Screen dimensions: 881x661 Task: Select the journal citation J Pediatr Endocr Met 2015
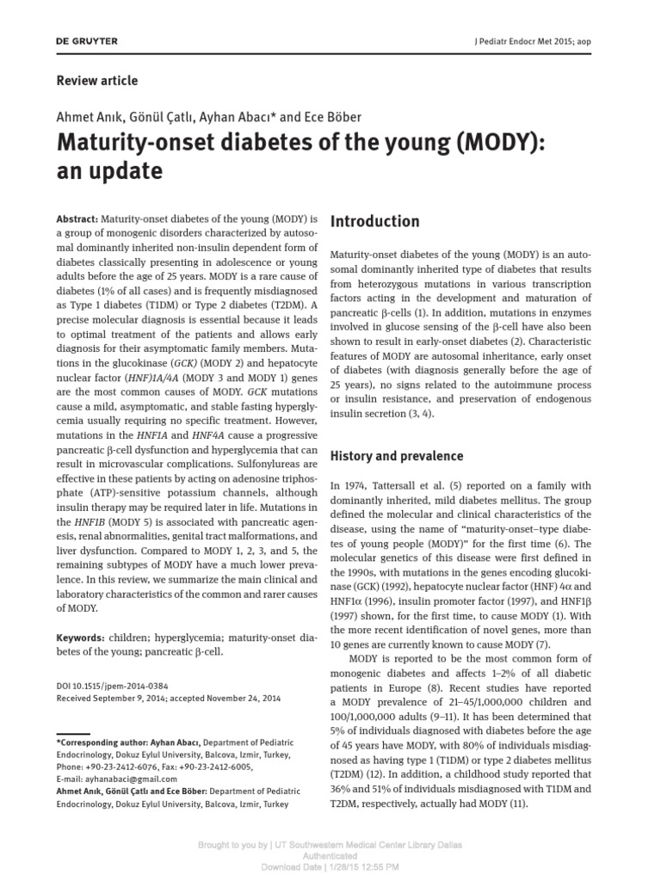[x=532, y=41]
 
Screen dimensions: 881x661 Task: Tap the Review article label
[x=96, y=81]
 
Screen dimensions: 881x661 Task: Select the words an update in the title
[x=109, y=170]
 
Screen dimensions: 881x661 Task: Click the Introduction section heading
[x=375, y=221]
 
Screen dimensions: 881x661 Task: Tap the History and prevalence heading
[x=397, y=456]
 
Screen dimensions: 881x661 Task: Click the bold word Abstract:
[x=77, y=219]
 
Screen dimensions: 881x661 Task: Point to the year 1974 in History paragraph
[x=356, y=486]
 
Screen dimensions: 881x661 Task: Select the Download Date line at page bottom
[x=330, y=867]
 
